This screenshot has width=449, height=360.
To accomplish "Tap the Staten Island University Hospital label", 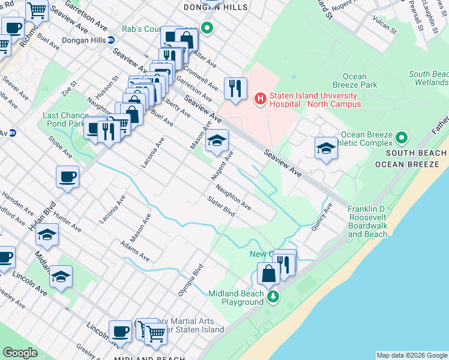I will coord(315,100).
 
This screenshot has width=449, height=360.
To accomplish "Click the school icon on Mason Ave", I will coord(217,141).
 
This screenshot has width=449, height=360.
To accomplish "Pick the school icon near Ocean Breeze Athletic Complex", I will coord(325,148).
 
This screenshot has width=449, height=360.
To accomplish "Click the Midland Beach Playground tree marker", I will coord(273,296).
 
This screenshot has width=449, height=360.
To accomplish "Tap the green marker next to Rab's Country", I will coord(207,28).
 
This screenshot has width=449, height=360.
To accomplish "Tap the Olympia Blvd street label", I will coord(191,280).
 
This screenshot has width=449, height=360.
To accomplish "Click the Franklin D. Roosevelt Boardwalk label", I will coord(367,221).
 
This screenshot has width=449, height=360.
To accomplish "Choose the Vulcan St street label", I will coord(384,26).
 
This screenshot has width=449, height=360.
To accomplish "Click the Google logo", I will coord(20,353).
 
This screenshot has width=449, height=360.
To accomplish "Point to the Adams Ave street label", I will coord(134,251).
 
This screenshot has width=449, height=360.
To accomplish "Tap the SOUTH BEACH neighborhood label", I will coord(411,154).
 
